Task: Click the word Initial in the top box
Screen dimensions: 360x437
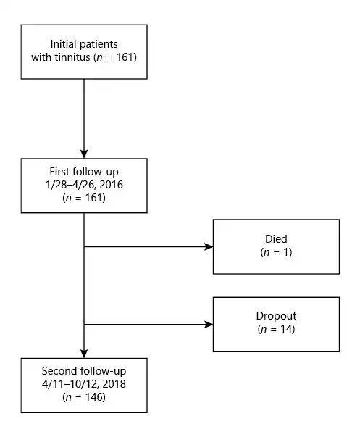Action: [x=63, y=44]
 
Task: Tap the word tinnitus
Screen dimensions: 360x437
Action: [x=72, y=57]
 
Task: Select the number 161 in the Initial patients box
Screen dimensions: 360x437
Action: [x=125, y=57]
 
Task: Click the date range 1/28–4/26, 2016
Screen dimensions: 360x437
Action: [x=84, y=185]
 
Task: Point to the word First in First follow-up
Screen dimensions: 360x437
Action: [x=59, y=172]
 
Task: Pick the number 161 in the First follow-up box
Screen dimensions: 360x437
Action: [x=93, y=198]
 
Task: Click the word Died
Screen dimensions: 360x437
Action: [x=276, y=239]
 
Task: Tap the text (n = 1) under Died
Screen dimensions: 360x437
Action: [x=276, y=252]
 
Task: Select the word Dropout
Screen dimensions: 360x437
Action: [x=276, y=316]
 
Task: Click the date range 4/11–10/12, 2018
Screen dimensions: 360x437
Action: [x=84, y=384]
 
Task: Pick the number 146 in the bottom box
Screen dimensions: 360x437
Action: [x=93, y=397]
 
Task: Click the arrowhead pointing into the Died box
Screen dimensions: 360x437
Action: [x=209, y=246]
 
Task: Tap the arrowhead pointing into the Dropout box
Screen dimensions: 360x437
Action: [x=209, y=325]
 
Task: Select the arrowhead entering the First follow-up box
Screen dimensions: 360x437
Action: [x=84, y=154]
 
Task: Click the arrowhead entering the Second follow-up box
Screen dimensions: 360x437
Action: [x=84, y=354]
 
